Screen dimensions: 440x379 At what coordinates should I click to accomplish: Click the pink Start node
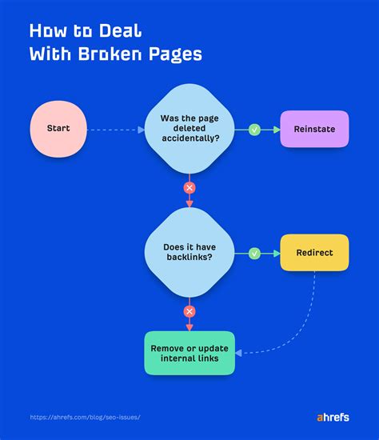(x=58, y=128)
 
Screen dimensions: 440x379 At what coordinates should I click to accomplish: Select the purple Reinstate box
(x=314, y=129)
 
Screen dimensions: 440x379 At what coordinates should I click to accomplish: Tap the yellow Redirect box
(x=314, y=253)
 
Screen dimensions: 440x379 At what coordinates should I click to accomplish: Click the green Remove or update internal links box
(x=189, y=353)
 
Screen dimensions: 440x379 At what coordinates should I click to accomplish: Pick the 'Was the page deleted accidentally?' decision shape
(x=189, y=128)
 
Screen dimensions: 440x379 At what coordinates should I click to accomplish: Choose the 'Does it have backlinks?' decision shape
(x=189, y=253)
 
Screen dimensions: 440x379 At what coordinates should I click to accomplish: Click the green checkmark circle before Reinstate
(x=254, y=129)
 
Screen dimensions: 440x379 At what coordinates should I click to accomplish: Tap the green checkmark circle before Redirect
(x=254, y=253)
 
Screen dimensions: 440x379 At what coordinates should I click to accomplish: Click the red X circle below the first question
(x=189, y=188)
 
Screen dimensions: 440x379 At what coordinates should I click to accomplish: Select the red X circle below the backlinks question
(x=189, y=311)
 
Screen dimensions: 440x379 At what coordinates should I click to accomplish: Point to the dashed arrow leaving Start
(x=112, y=129)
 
